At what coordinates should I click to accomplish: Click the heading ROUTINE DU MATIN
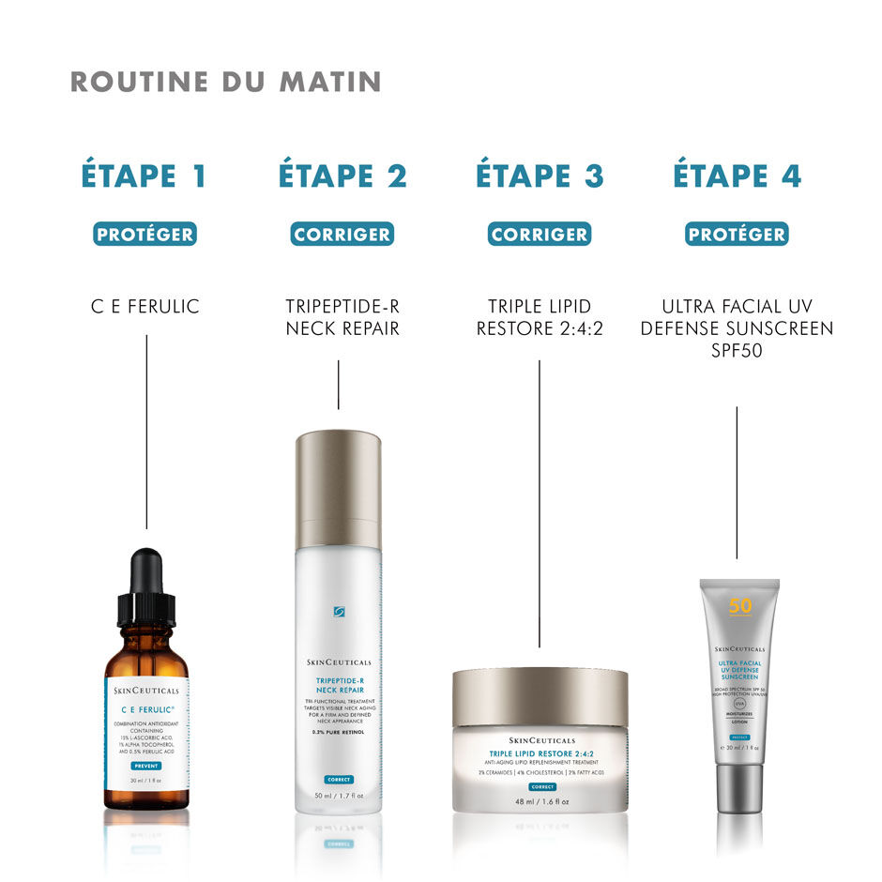[225, 82]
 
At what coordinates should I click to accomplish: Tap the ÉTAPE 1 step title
[144, 175]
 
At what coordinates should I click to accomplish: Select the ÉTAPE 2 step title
[342, 175]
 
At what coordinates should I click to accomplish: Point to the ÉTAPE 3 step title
[540, 175]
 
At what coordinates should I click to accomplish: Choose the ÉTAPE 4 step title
[737, 175]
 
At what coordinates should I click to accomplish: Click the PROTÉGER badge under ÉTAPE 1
[144, 235]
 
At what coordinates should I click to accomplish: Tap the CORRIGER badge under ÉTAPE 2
[342, 235]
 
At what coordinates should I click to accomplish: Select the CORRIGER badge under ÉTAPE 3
[540, 235]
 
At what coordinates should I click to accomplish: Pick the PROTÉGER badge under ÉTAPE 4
[737, 235]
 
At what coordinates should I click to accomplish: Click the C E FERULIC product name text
[145, 306]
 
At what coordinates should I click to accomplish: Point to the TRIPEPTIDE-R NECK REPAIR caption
[342, 317]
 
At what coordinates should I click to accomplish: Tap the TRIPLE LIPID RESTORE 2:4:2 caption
[540, 317]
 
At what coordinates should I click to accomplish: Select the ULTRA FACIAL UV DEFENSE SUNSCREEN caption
[737, 328]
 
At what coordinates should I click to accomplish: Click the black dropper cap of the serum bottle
[146, 586]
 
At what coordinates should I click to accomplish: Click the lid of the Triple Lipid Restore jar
[540, 696]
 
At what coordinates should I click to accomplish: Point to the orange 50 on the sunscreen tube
[740, 606]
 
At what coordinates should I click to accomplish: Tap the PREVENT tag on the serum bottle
[146, 767]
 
